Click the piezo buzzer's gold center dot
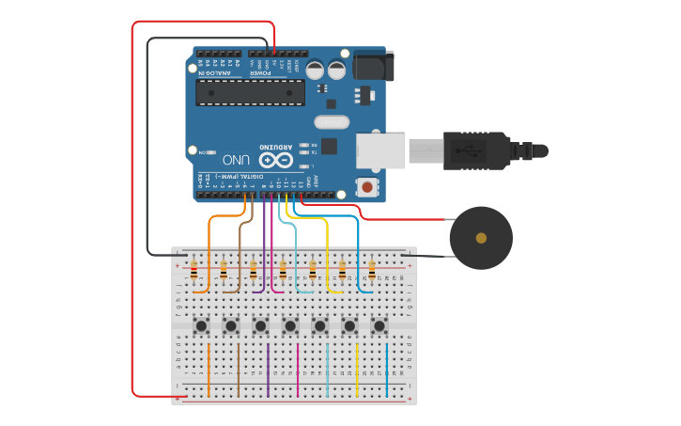tap(481, 238)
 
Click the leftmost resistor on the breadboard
tap(193, 273)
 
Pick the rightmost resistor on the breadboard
tap(372, 273)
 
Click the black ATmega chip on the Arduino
tap(250, 92)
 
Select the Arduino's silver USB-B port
tap(380, 150)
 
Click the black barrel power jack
tap(373, 66)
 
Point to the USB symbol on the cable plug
tap(466, 150)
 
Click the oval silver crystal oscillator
tap(331, 121)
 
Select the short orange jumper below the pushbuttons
tap(209, 369)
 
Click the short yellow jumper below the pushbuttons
tap(357, 369)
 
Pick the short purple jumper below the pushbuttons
tap(268, 369)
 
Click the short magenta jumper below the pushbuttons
tap(298, 369)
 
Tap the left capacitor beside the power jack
tap(315, 70)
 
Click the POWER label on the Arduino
tap(260, 72)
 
